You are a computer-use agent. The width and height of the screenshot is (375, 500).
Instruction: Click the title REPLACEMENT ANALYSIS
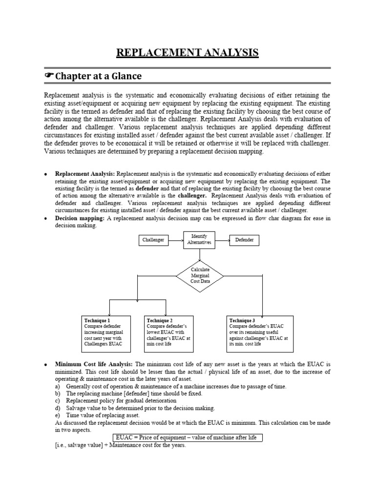tap(187, 53)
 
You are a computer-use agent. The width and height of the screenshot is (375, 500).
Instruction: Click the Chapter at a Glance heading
tap(98, 76)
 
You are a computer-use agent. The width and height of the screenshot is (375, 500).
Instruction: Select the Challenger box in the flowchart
tap(153, 240)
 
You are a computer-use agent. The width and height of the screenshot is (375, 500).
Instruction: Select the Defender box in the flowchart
tap(244, 240)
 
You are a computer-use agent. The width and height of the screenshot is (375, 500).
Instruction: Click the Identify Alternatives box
tap(199, 240)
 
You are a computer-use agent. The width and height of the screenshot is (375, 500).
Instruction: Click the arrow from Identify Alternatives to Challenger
tap(175, 240)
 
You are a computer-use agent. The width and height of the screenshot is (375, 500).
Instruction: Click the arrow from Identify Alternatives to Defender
tap(222, 240)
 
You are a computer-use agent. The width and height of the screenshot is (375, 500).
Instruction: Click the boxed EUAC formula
tap(187, 437)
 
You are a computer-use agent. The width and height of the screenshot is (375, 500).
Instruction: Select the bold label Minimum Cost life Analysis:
tap(94, 365)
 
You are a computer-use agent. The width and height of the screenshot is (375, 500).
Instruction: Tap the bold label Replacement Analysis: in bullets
tap(85, 173)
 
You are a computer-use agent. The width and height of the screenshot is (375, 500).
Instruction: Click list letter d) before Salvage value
tap(58, 408)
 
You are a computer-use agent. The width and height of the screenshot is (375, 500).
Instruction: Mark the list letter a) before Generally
tap(58, 386)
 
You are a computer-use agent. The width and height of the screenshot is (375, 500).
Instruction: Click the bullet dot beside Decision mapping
tap(45, 219)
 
